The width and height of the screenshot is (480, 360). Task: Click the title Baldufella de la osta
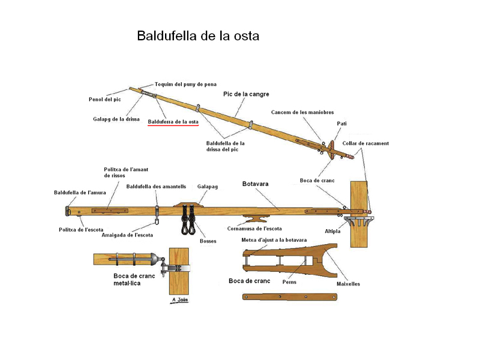(198, 36)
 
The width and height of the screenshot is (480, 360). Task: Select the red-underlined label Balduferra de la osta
(173, 122)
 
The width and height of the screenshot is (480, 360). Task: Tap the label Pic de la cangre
(246, 94)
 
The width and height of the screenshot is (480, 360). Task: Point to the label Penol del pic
(104, 99)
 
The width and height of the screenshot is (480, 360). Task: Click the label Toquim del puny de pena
(185, 84)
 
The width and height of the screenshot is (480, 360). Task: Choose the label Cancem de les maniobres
(302, 112)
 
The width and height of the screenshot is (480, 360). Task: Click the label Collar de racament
(365, 143)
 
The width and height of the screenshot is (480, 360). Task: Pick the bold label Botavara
(256, 184)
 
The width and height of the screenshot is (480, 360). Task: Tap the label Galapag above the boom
(207, 187)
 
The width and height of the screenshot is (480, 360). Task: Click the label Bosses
(208, 241)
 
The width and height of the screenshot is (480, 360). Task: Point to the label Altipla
(333, 231)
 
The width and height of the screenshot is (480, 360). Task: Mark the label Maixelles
(348, 284)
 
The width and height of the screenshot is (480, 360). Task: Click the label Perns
(289, 281)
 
